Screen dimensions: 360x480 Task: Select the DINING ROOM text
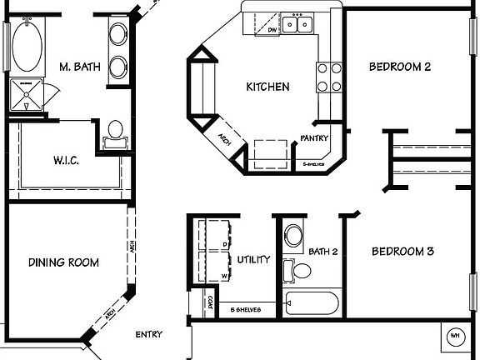(63, 263)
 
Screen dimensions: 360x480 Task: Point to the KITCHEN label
(267, 87)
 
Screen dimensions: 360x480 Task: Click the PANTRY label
(314, 139)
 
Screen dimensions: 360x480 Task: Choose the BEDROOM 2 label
(400, 67)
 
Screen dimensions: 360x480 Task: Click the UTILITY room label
(253, 259)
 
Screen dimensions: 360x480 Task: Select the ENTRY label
(148, 335)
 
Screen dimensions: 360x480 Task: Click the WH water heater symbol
(455, 336)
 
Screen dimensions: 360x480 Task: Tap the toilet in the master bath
(114, 132)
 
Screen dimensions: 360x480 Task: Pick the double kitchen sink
(297, 24)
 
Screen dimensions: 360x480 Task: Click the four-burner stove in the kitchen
(328, 77)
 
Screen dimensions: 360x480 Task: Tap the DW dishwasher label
(272, 31)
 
